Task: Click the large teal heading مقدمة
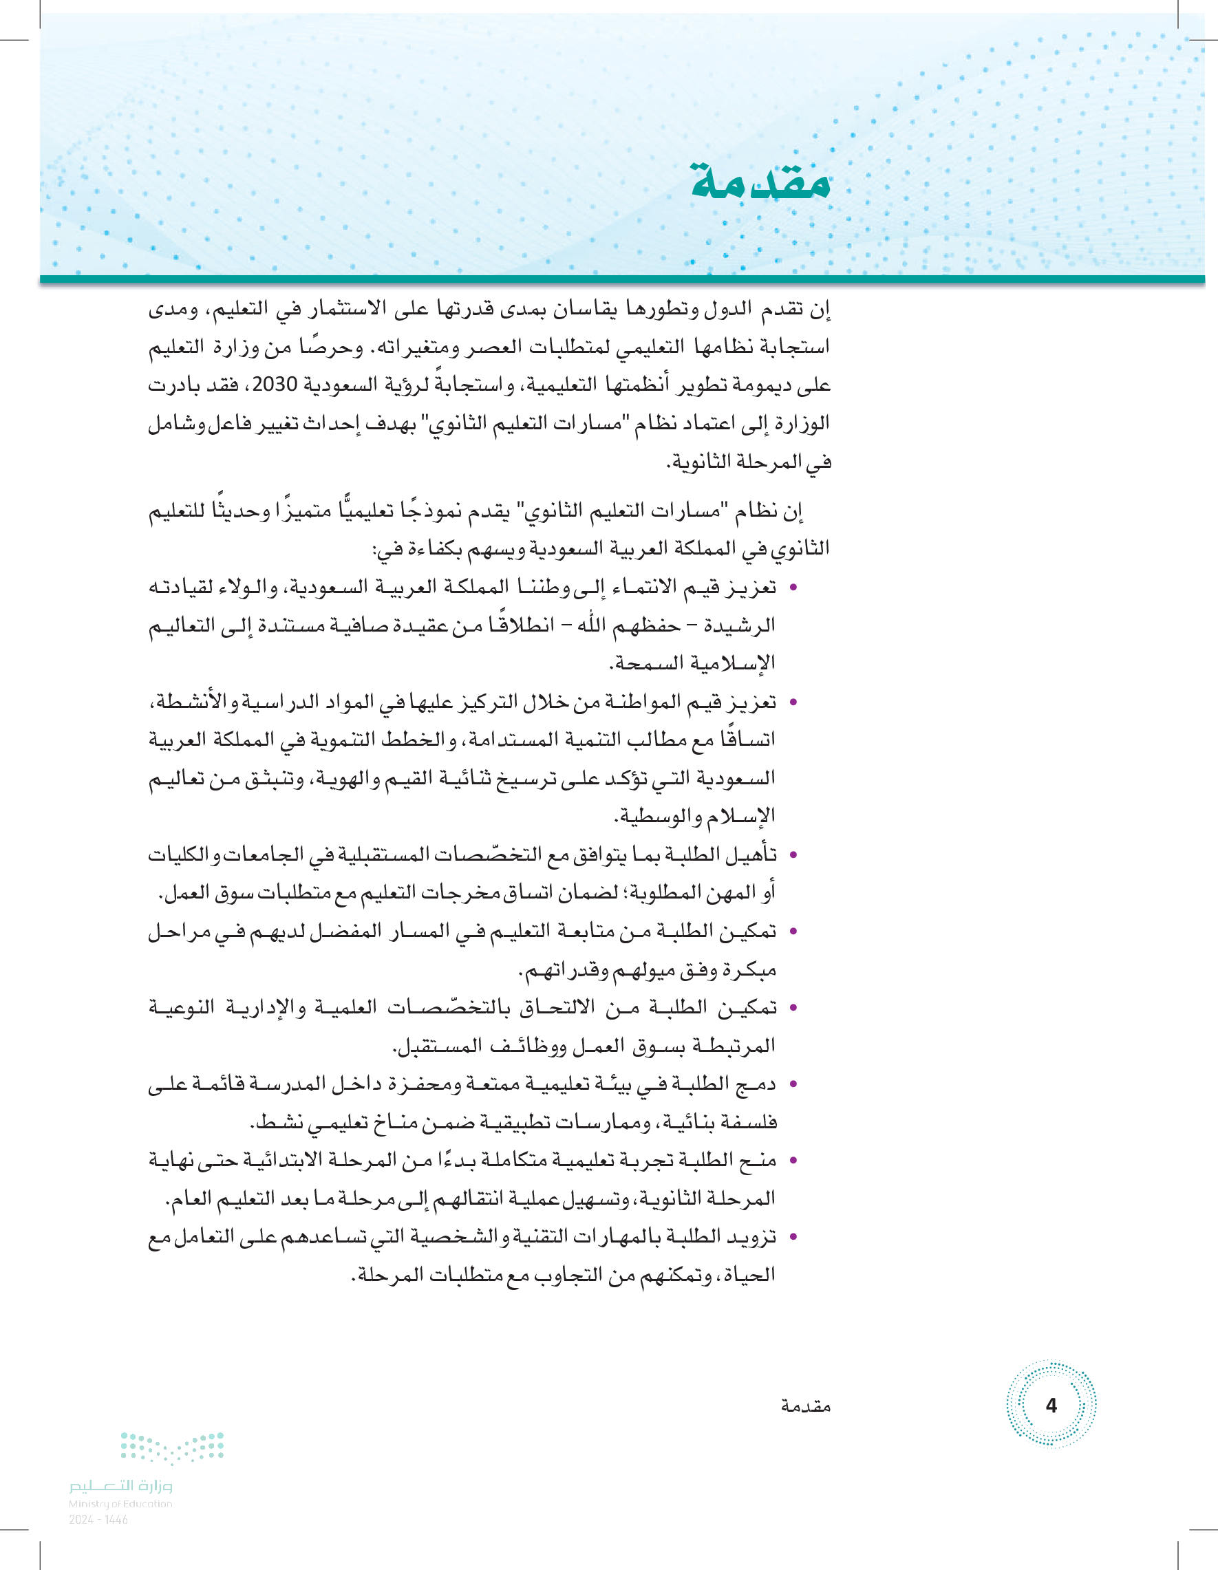tap(760, 181)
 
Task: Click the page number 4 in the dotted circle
tap(1051, 1405)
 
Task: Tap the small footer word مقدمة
tap(805, 1406)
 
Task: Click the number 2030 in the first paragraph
tap(275, 385)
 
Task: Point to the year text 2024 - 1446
tap(98, 1520)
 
